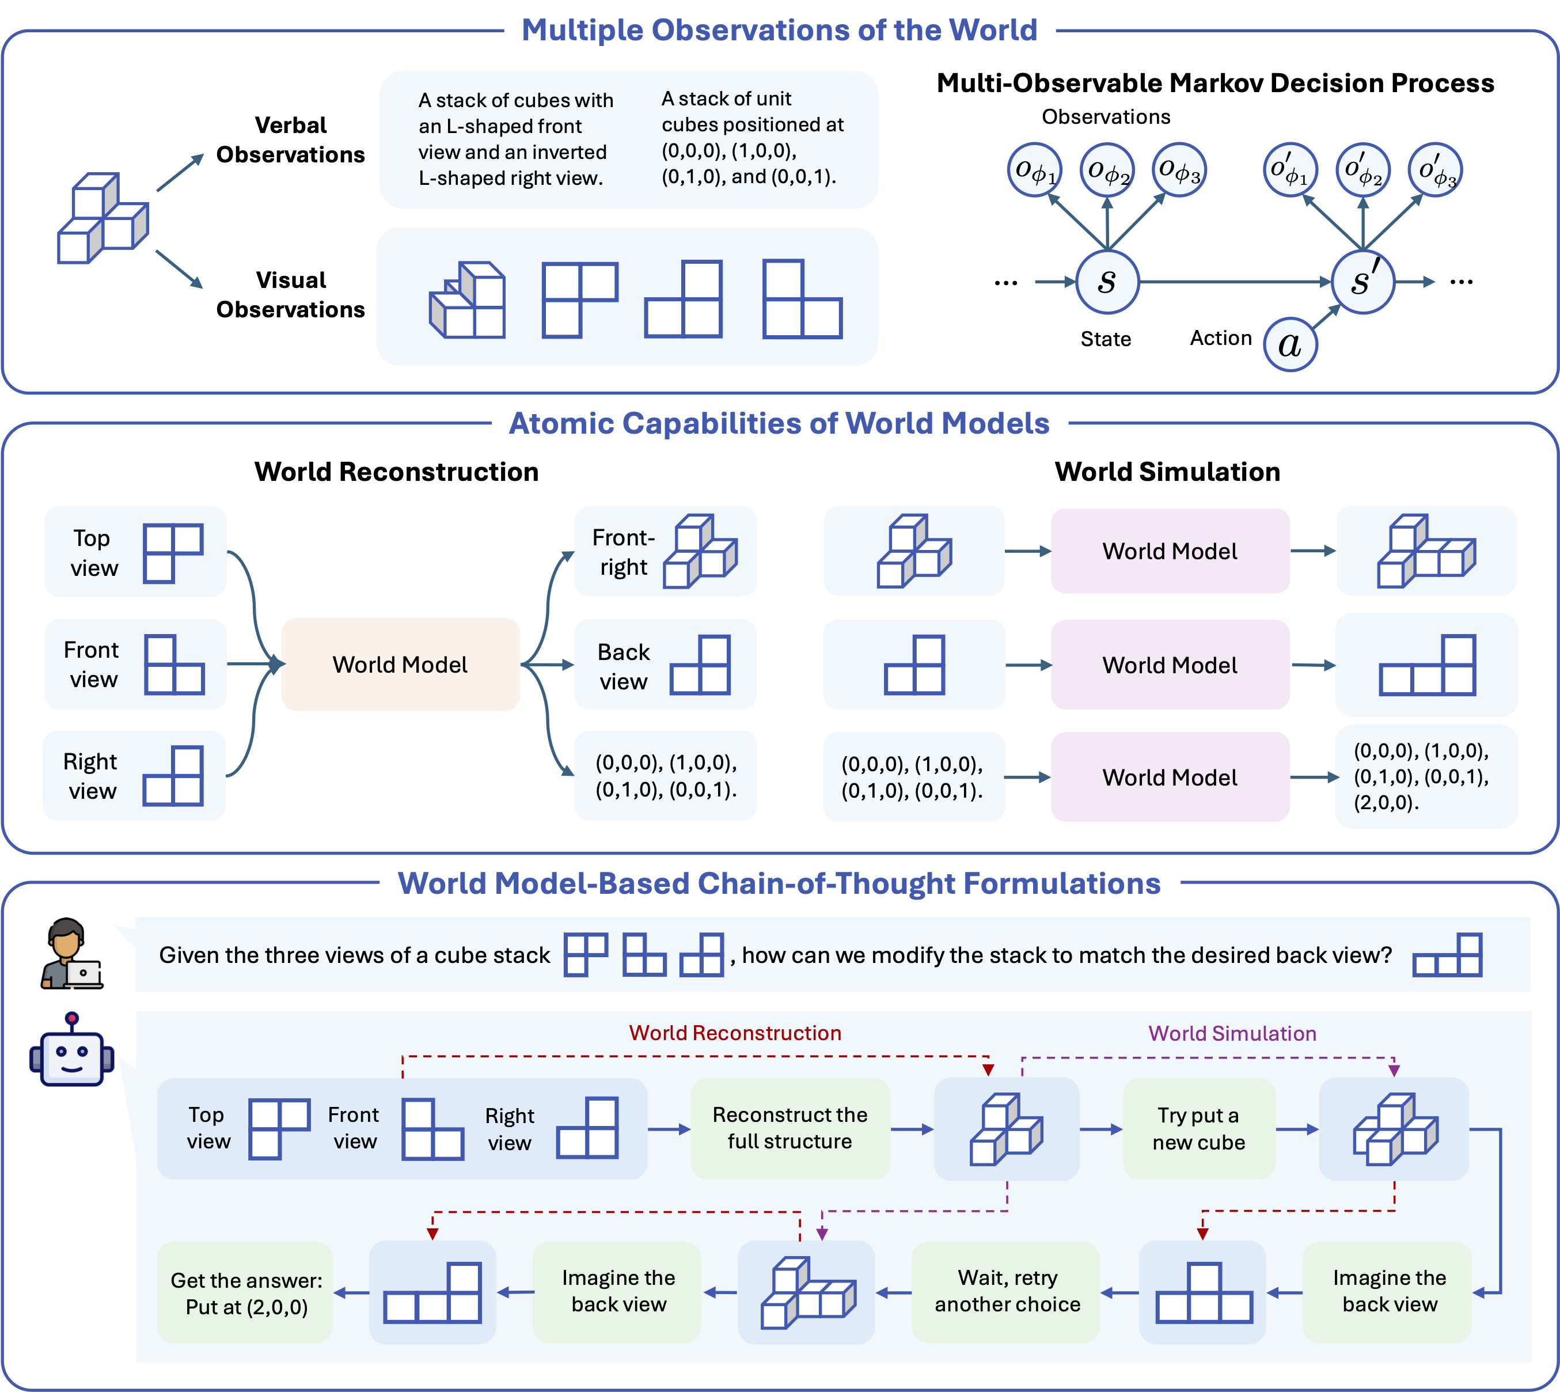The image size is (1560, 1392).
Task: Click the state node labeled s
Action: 1107,282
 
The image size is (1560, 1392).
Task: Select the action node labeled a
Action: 1290,345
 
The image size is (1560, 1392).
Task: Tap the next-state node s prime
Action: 1362,282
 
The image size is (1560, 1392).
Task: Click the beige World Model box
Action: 400,664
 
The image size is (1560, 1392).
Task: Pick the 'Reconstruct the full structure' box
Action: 790,1128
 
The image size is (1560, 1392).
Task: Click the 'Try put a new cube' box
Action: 1198,1128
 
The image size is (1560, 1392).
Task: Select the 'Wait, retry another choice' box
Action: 1007,1291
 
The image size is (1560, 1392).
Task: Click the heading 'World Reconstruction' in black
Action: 396,472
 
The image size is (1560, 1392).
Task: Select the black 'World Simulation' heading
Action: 1167,472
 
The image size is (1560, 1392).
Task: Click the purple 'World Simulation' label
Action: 1232,1033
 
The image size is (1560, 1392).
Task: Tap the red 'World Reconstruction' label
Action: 735,1033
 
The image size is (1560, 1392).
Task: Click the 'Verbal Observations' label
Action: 291,140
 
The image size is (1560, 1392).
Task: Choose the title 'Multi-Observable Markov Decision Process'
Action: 1215,82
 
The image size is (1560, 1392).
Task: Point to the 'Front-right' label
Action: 623,552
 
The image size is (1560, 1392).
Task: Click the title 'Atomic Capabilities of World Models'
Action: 779,423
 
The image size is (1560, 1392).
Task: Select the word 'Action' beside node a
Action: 1220,338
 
